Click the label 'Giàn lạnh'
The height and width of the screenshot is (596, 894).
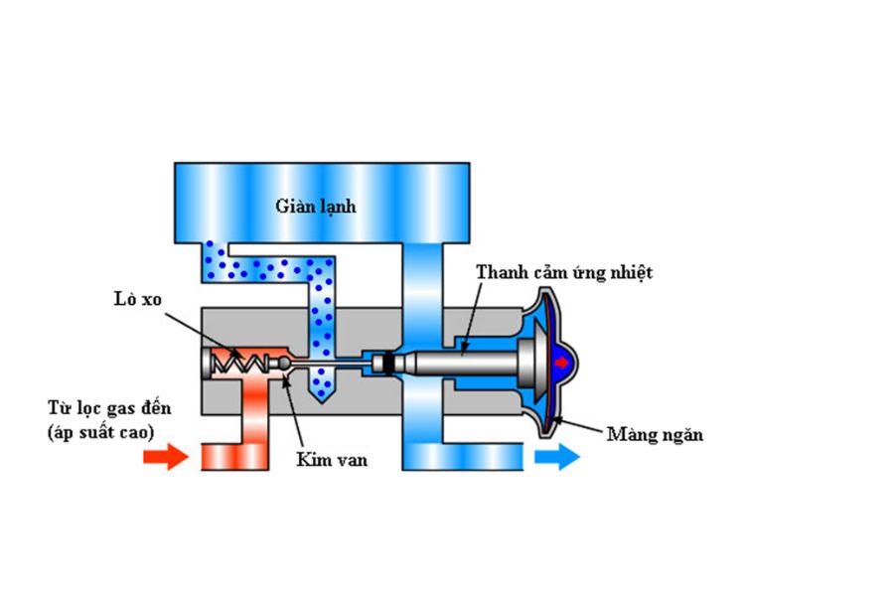(x=316, y=207)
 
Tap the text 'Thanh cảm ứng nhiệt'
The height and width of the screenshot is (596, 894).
(x=564, y=272)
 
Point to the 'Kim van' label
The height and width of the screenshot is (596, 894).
(x=318, y=460)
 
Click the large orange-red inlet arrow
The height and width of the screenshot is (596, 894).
(x=165, y=457)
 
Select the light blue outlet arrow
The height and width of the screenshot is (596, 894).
(x=557, y=457)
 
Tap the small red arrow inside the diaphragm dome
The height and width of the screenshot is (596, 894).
(x=562, y=364)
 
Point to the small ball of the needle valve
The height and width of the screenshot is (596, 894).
(x=285, y=365)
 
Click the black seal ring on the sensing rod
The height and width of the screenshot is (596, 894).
(x=390, y=365)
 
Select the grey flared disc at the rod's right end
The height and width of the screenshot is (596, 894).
(x=530, y=364)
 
